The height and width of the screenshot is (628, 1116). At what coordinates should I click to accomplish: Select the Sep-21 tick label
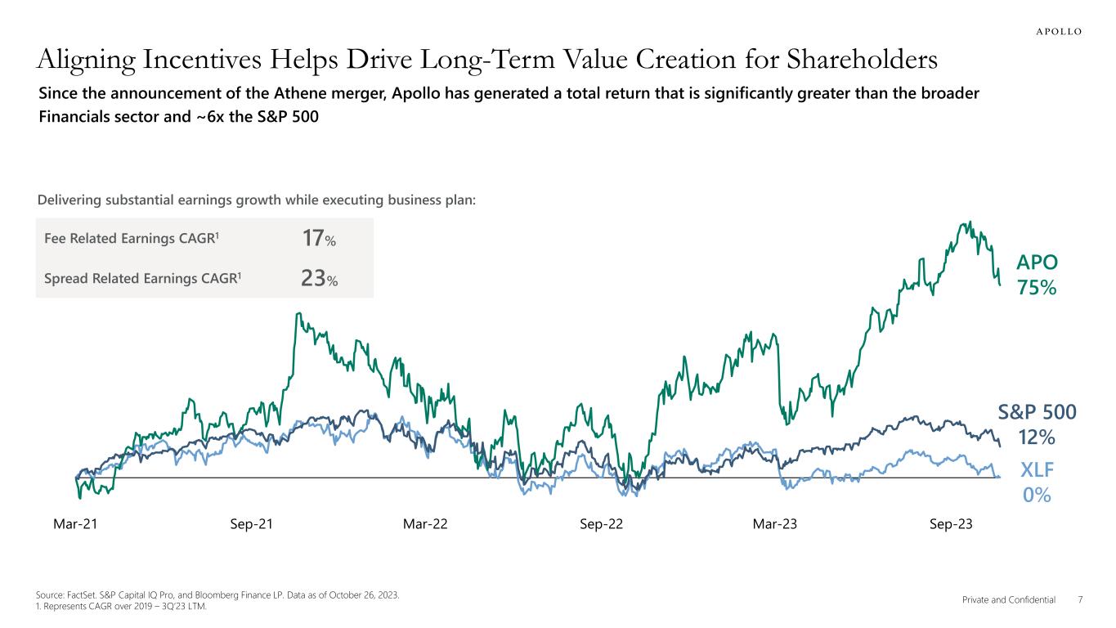(x=252, y=524)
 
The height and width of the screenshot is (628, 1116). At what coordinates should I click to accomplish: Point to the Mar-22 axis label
(x=425, y=524)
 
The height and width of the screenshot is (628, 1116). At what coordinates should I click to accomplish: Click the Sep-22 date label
(x=601, y=524)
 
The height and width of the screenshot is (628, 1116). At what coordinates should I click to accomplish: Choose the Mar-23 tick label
(x=774, y=524)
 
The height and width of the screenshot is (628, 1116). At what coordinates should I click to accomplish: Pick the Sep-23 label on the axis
(x=951, y=524)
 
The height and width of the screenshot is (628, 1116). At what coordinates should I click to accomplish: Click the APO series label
(x=1037, y=262)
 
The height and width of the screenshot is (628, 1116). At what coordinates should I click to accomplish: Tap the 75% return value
(x=1037, y=288)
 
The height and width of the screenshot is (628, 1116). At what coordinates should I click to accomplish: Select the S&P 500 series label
(x=1037, y=412)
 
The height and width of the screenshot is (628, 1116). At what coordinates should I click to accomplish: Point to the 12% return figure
(x=1037, y=437)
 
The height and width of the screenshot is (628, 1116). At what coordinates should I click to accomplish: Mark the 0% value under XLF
(x=1037, y=496)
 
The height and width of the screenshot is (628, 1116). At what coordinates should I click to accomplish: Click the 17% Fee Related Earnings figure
(x=319, y=239)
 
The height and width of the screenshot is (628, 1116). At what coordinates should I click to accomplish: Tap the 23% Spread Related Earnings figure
(x=319, y=279)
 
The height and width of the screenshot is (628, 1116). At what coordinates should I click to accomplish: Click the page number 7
(x=1080, y=600)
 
